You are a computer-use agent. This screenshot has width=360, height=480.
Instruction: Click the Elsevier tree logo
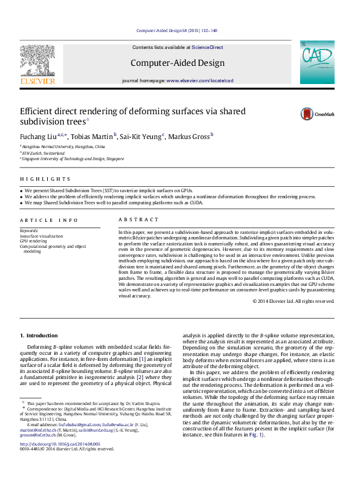point(38,63)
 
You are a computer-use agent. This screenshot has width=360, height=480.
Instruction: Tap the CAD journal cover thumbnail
point(317,62)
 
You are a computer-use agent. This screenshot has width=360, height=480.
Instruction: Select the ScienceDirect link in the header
point(207,47)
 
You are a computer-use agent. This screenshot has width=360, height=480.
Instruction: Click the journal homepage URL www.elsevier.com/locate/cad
point(200,80)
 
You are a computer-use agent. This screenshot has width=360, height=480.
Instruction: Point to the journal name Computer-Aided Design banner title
point(177,63)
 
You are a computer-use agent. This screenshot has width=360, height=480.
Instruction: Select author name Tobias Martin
point(93,137)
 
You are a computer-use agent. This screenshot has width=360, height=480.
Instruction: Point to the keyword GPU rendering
point(33,241)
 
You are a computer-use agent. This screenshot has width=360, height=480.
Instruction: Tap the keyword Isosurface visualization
point(41,236)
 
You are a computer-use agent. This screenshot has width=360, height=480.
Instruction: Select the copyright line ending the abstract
point(293,301)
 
